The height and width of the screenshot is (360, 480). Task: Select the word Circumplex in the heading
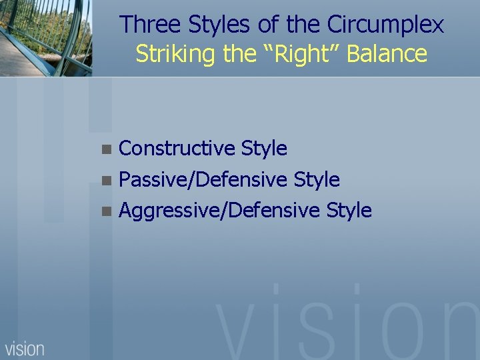(385, 25)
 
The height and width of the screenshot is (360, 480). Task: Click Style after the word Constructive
(264, 148)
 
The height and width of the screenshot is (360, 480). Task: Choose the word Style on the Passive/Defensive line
(317, 179)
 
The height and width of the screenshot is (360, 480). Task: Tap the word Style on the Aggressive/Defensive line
(349, 211)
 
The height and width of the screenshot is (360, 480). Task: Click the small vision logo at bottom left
(25, 348)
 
